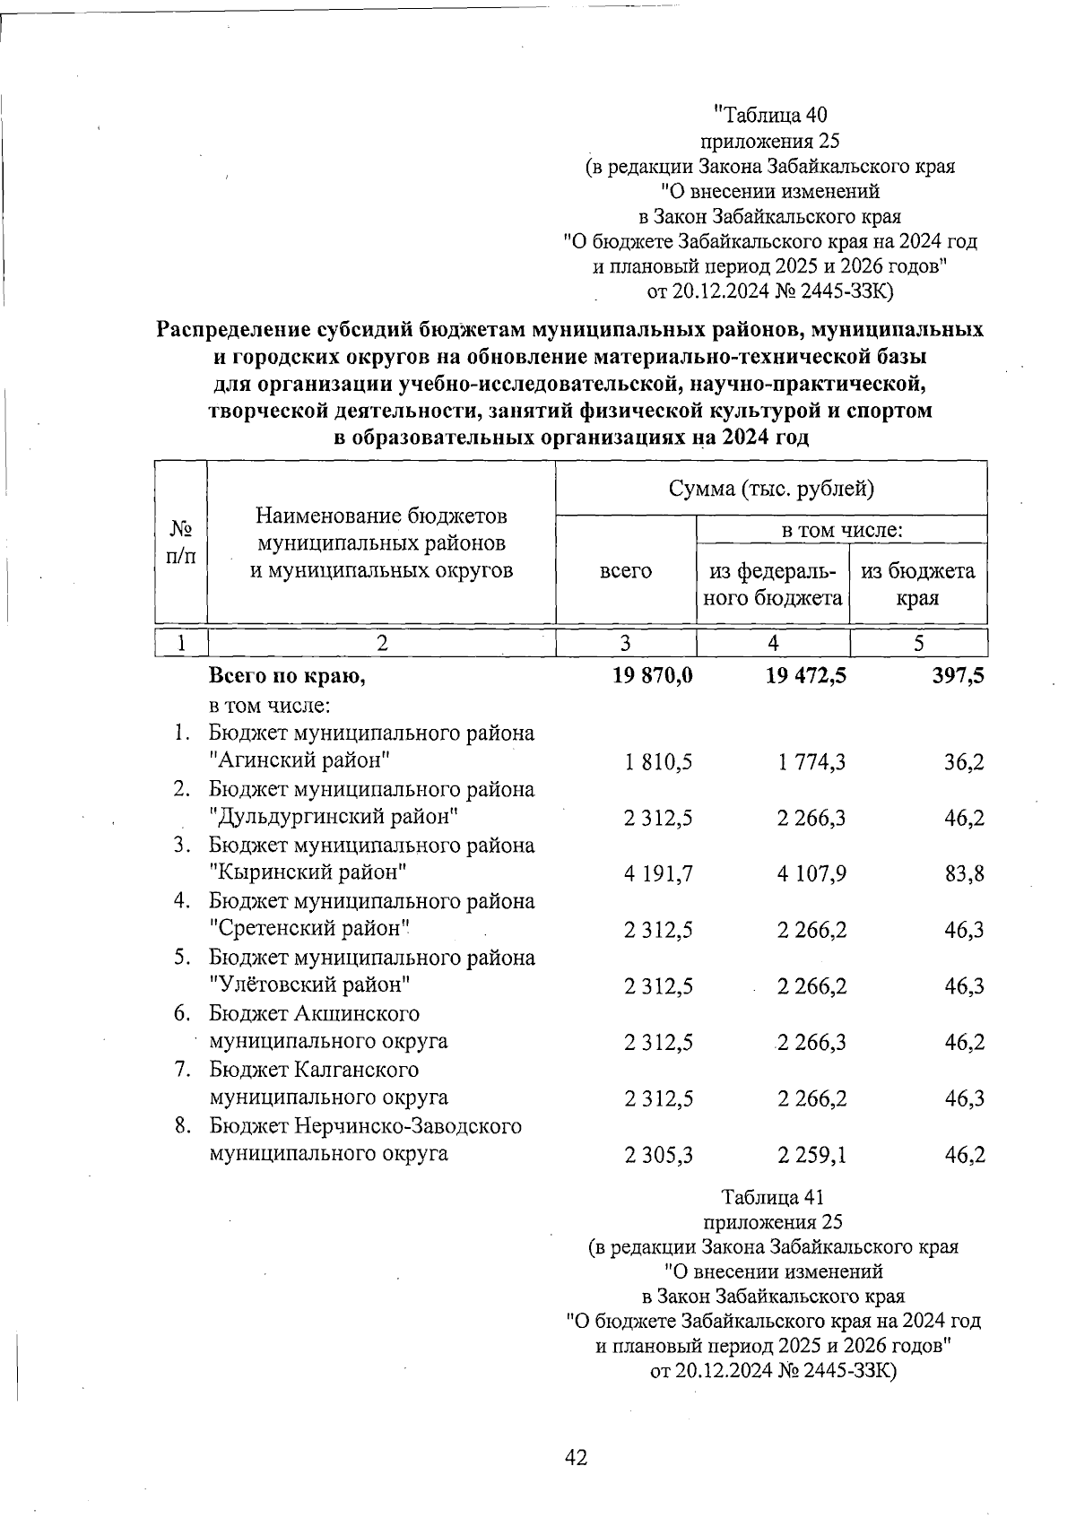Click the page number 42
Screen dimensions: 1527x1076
(x=576, y=1458)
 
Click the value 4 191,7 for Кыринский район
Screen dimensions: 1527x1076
(x=659, y=873)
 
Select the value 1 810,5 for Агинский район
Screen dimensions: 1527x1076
(x=659, y=762)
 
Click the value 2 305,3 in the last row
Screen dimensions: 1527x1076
(x=659, y=1156)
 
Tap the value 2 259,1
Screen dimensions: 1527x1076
(x=811, y=1156)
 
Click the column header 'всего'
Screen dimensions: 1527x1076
(x=625, y=571)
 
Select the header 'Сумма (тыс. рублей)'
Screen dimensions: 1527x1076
(x=771, y=489)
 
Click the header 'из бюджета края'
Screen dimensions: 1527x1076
(x=917, y=584)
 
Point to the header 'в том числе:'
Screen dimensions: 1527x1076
(x=841, y=530)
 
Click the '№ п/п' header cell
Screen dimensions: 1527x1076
(x=181, y=542)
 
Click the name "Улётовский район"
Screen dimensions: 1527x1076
(x=310, y=985)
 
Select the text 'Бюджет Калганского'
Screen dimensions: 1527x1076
(x=314, y=1070)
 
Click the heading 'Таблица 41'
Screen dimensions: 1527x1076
(x=772, y=1197)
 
